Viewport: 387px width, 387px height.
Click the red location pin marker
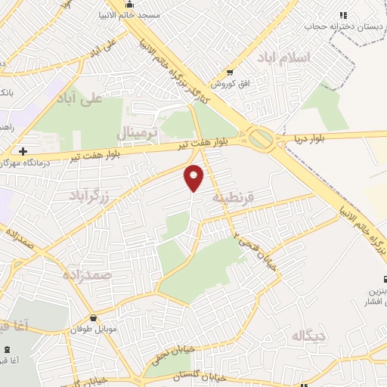click(195, 178)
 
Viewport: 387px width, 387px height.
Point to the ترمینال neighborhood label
click(136, 134)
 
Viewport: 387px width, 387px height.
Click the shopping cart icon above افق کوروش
click(229, 73)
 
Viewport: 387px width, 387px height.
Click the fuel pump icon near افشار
click(385, 280)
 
